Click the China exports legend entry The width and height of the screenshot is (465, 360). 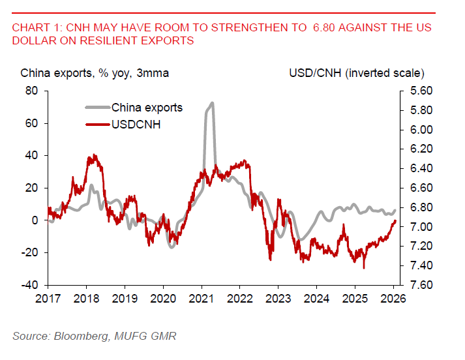click(x=147, y=108)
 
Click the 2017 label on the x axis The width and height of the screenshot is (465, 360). click(x=48, y=298)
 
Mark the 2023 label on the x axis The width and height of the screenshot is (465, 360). click(x=278, y=298)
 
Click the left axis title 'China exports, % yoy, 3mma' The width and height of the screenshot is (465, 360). click(x=95, y=72)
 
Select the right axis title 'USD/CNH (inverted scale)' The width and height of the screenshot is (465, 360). click(x=357, y=72)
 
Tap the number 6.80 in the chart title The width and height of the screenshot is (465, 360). click(x=330, y=28)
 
